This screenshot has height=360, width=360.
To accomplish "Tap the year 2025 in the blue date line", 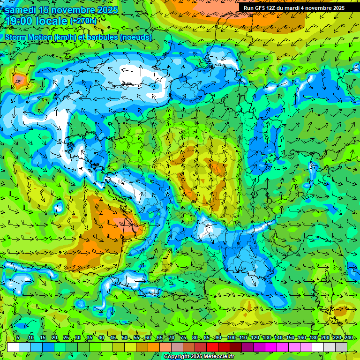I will pos(104,9).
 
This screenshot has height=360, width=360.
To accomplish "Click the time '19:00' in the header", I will pos(22,21).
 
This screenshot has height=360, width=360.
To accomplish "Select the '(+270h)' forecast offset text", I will pos(83,21).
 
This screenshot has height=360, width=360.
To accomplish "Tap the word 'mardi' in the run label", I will pos(300,7).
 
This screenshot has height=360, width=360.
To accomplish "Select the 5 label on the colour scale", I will pos(18,338).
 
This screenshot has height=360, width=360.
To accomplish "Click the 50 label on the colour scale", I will pos(124,338).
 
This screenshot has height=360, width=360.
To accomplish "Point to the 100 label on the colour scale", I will pos(231,338).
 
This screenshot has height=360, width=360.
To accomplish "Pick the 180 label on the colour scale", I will pos(313,338).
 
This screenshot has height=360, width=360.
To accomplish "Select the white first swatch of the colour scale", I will pos(13,347).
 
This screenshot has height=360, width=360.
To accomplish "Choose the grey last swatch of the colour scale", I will pos(341,347).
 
